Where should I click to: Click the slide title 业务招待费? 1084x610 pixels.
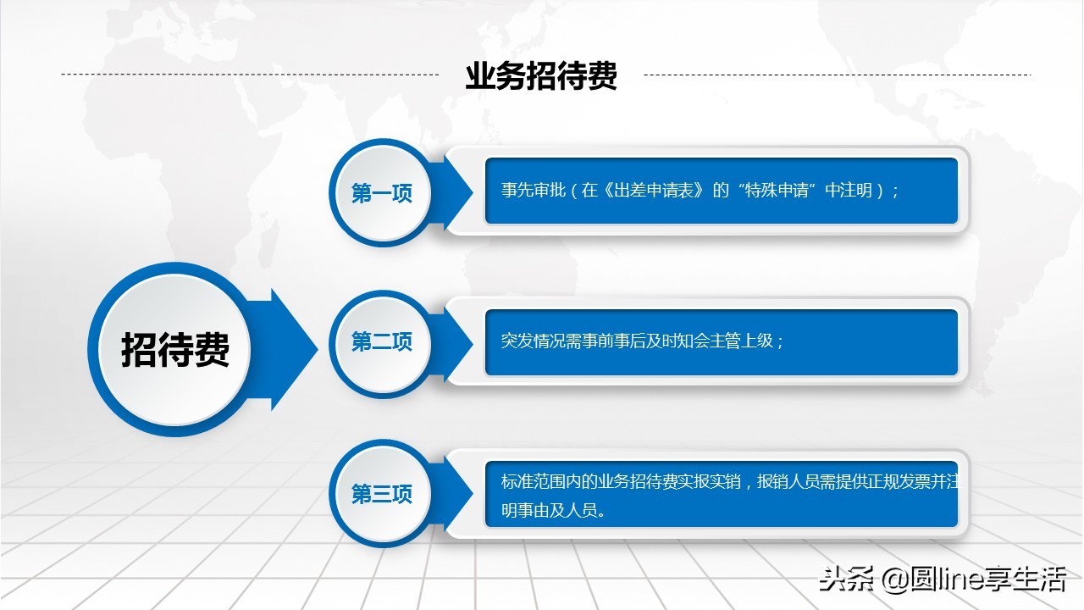click(541, 76)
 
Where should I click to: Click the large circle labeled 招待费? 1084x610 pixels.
click(175, 349)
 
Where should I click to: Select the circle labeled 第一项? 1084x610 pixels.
click(381, 193)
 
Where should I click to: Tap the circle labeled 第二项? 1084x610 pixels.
click(381, 341)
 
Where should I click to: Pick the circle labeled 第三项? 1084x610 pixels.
click(381, 494)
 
